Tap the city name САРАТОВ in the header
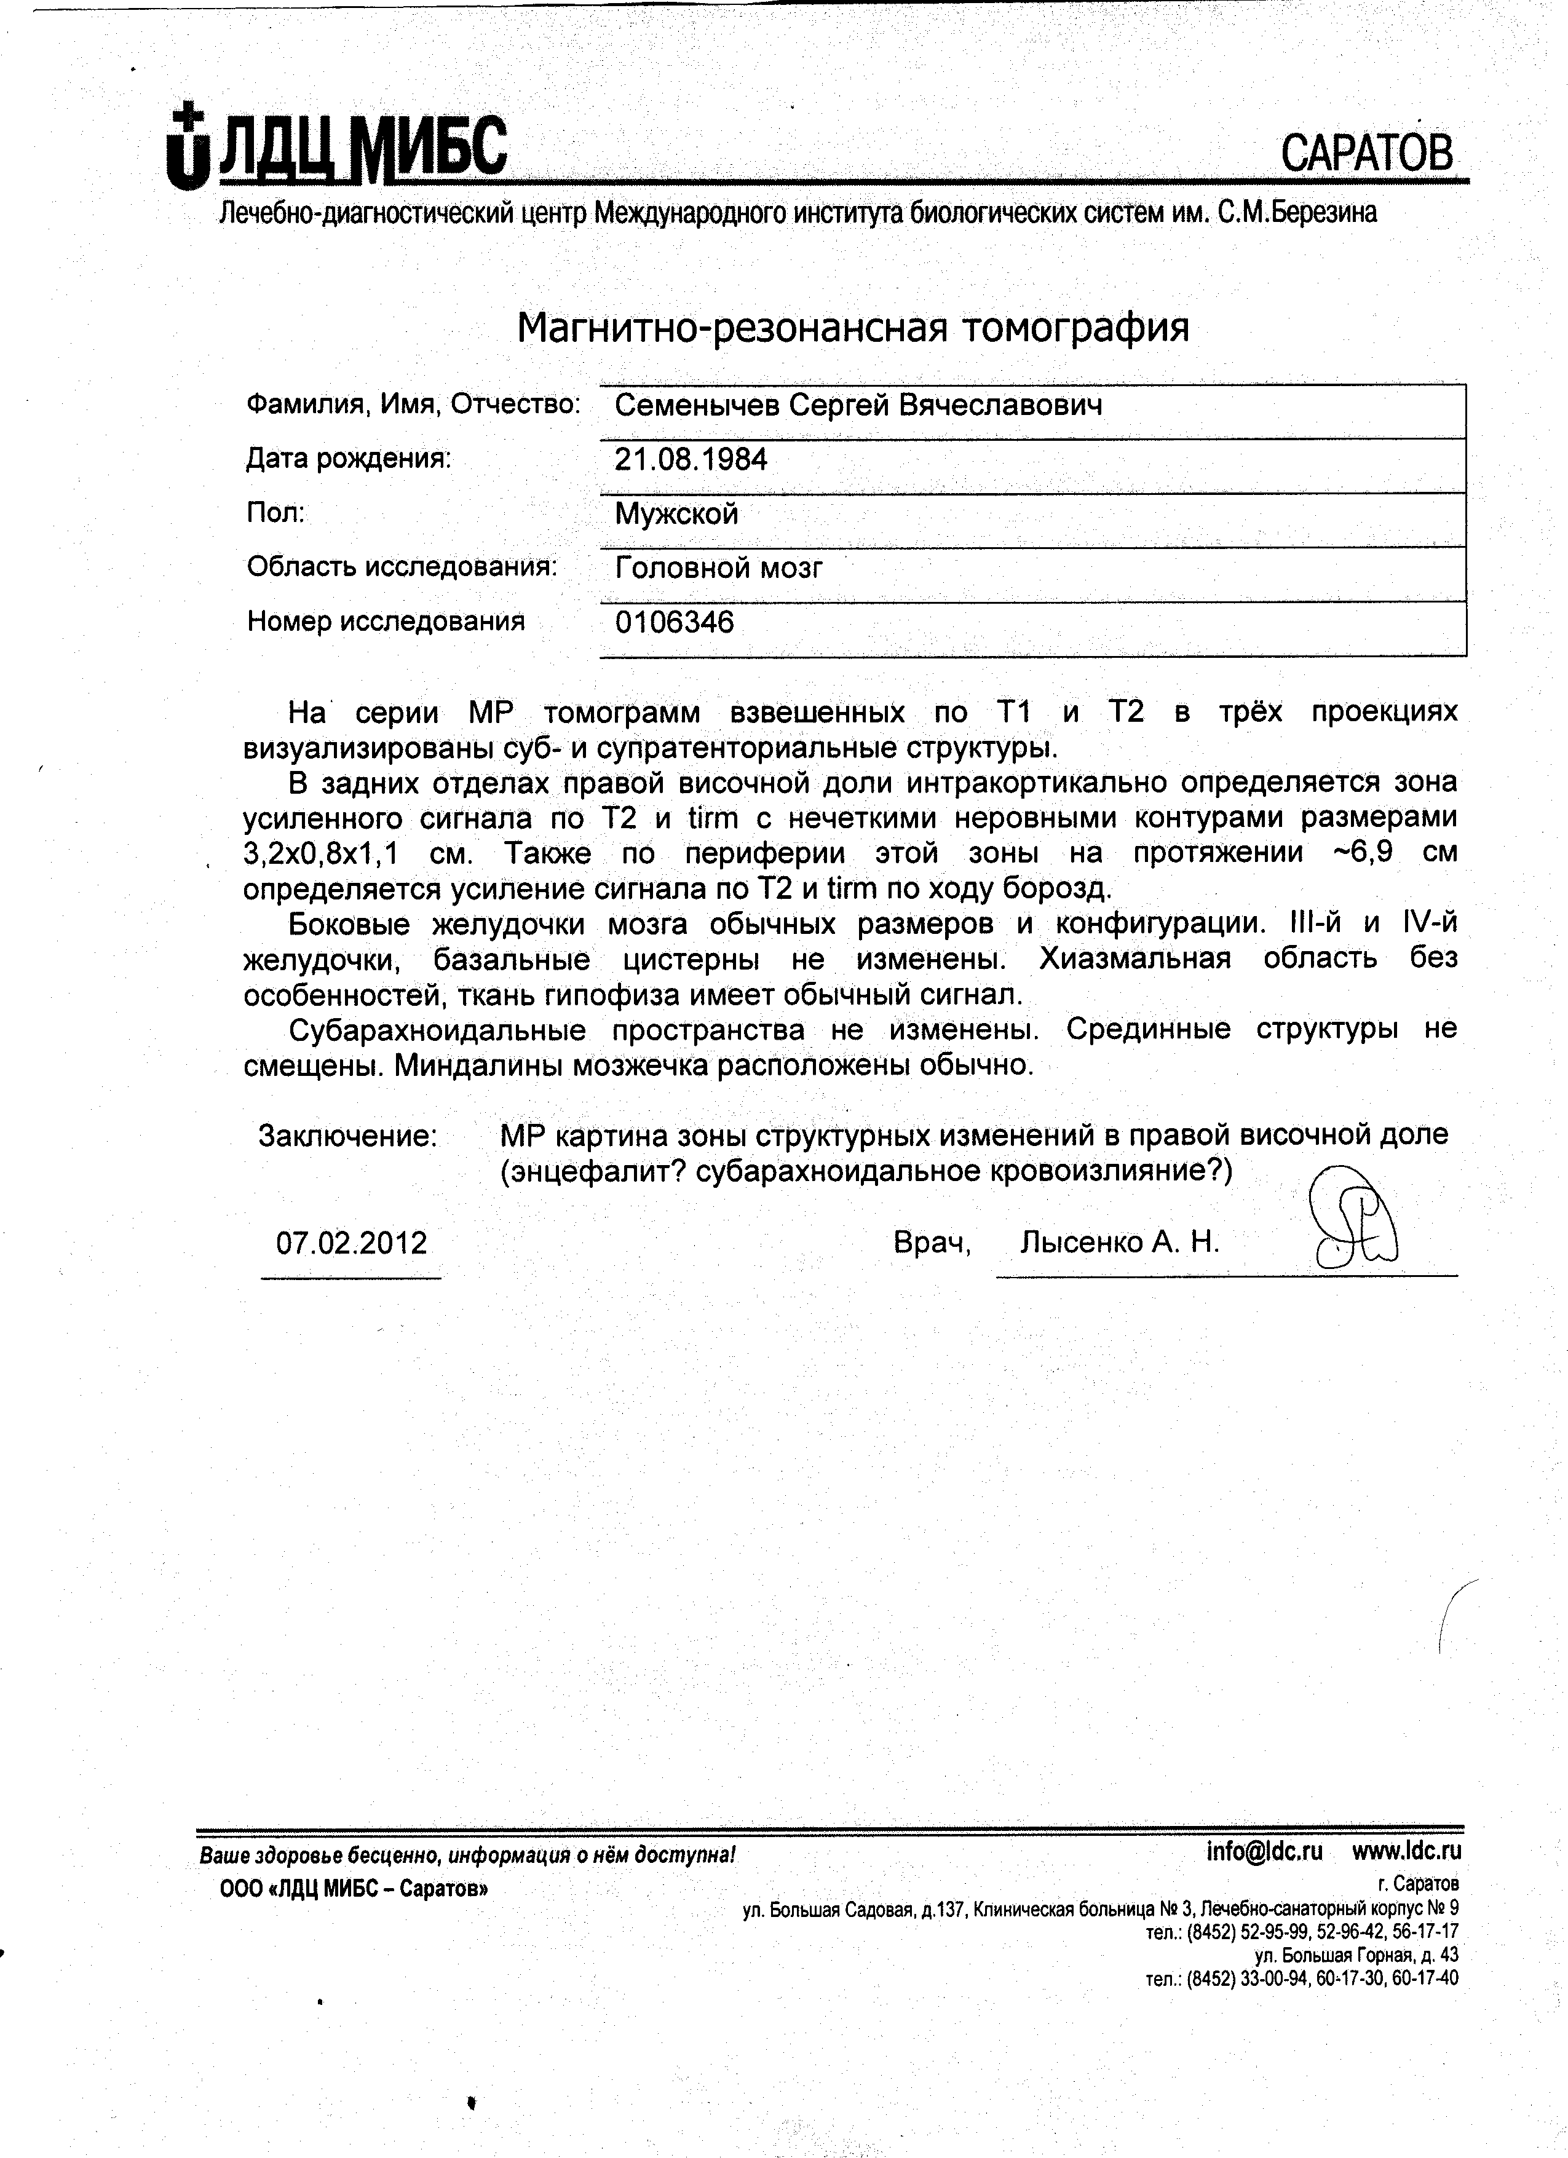click(x=1366, y=153)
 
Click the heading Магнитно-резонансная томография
click(x=852, y=328)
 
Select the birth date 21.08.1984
click(x=691, y=460)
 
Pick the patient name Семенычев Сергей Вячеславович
click(x=858, y=406)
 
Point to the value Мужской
click(x=676, y=515)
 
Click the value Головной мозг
click(x=718, y=569)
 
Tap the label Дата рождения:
click(x=348, y=460)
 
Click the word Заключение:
click(x=348, y=1136)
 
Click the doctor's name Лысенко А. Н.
click(x=1119, y=1243)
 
